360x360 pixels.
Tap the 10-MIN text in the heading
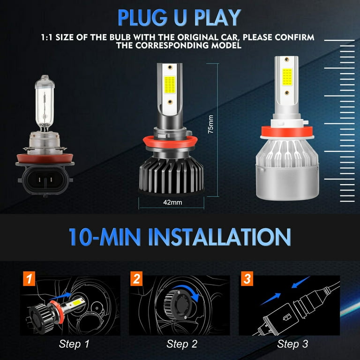click(x=105, y=236)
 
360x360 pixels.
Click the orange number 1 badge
click(x=29, y=280)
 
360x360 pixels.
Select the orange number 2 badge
click(x=137, y=280)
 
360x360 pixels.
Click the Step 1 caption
click(x=74, y=344)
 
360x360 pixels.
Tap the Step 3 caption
click(x=293, y=344)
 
